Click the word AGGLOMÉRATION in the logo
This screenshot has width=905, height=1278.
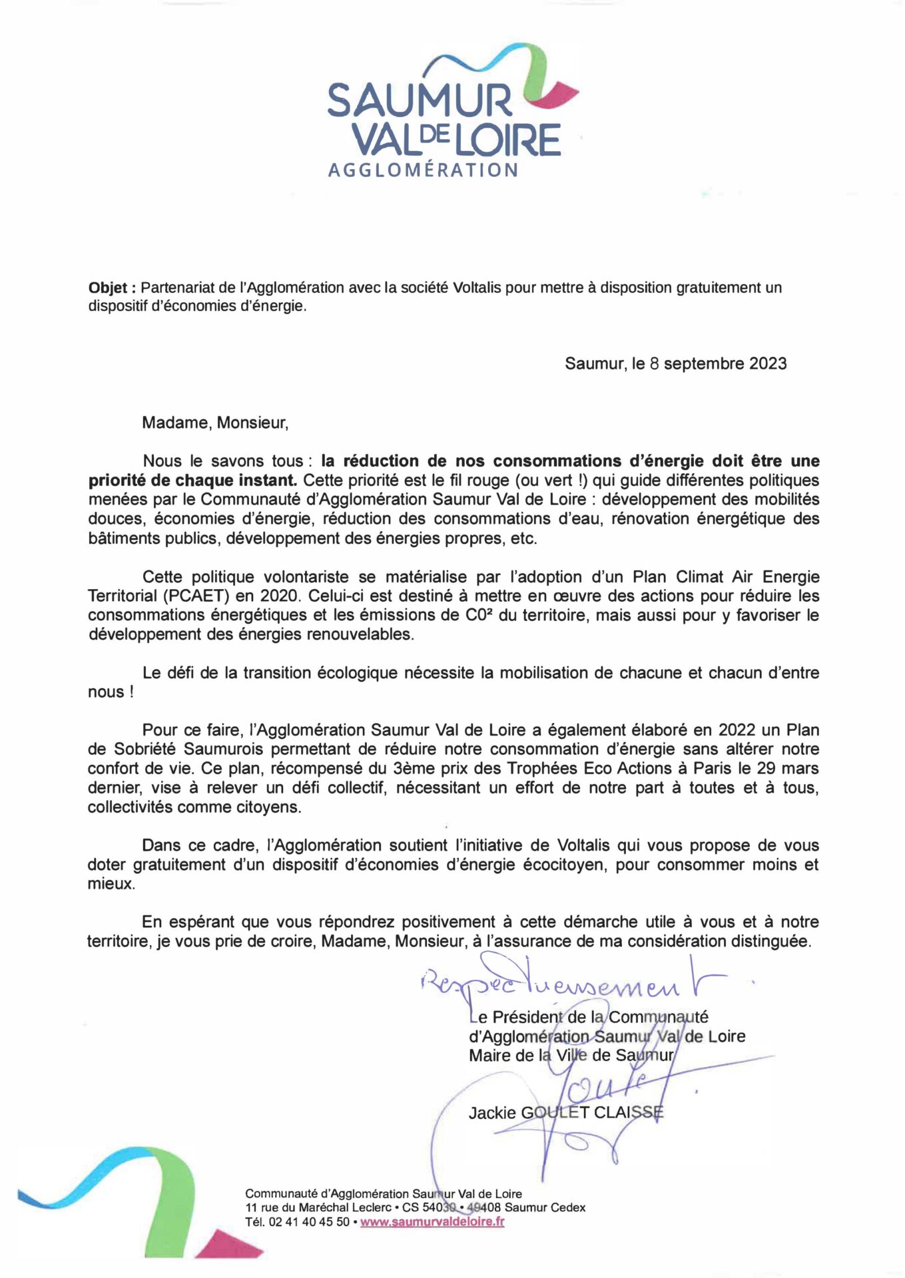tap(423, 170)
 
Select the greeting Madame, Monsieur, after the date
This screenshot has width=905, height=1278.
tap(215, 423)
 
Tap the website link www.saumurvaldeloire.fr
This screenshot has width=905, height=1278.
tap(432, 1222)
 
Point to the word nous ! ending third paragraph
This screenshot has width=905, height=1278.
tap(111, 692)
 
